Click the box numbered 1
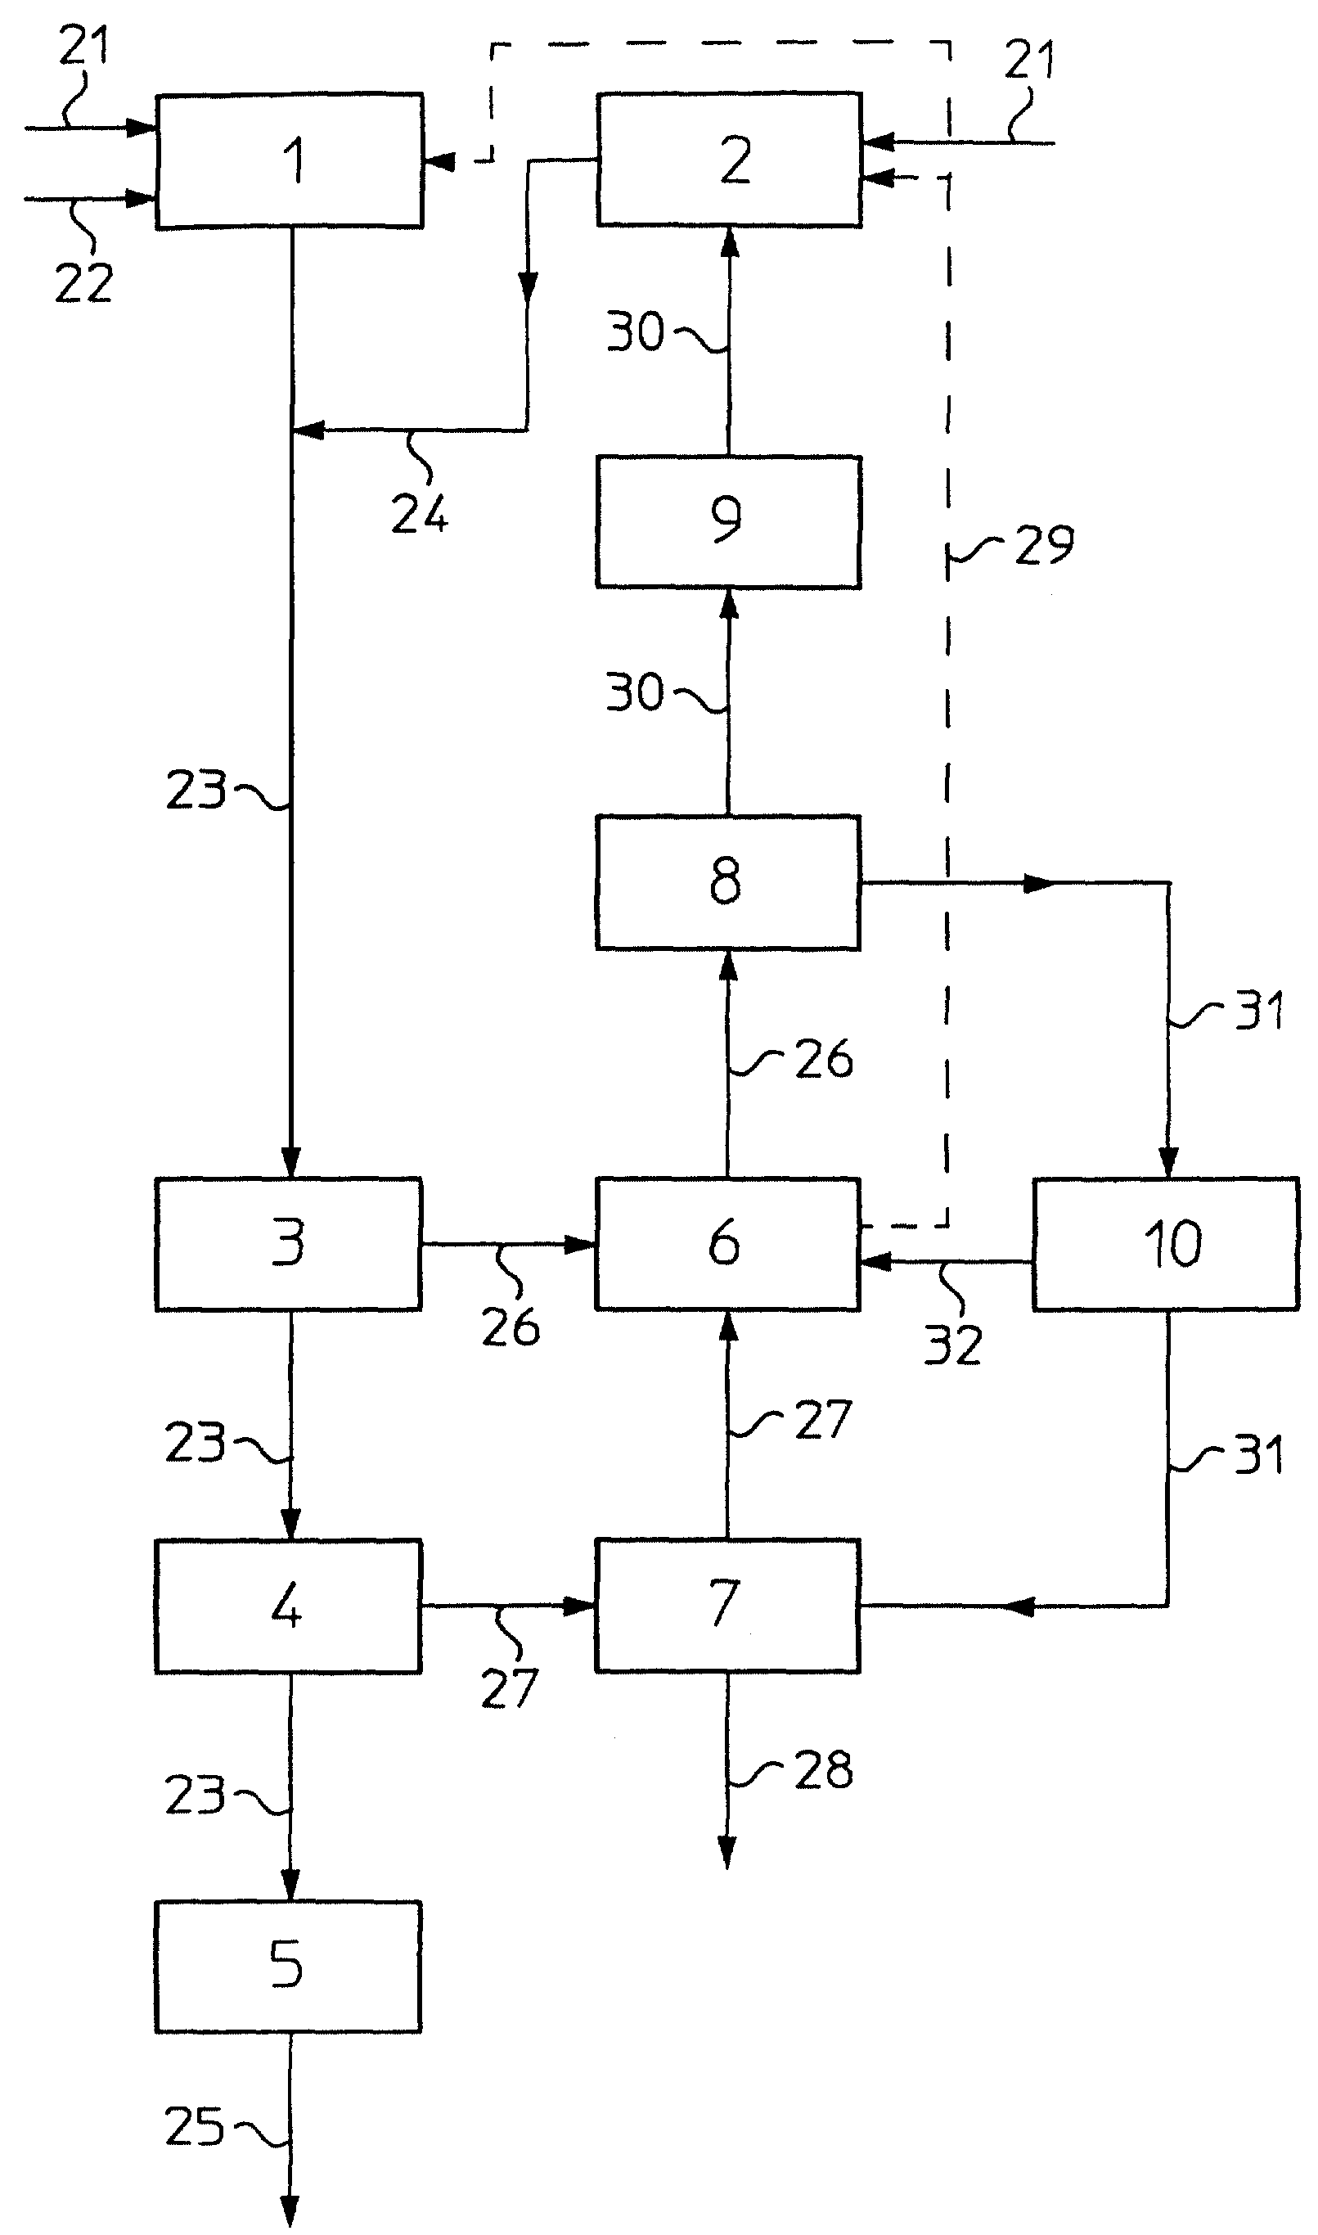290,160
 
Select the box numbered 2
729,159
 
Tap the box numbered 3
289,1244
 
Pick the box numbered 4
289,1606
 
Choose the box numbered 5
289,1967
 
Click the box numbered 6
728,1244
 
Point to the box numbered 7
728,1606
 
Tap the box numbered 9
728,521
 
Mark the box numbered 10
1166,1244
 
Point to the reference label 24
420,513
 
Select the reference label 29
1045,544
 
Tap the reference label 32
953,1345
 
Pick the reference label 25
194,2127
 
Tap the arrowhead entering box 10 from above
1168,1162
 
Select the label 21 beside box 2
1030,60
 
